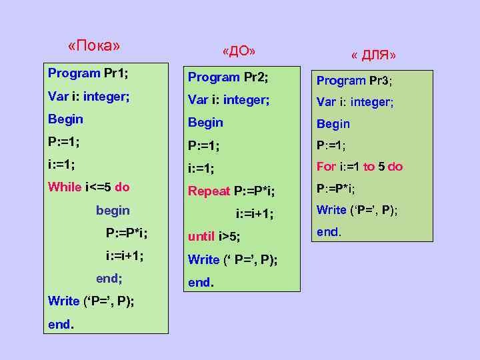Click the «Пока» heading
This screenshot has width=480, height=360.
point(94,46)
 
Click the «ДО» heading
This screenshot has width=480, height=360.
point(239,51)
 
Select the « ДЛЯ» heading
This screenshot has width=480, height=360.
point(373,55)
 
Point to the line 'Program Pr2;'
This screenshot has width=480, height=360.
point(228,77)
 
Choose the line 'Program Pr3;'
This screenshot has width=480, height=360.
point(354,81)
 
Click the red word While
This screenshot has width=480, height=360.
point(64,187)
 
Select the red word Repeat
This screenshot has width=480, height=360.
point(209,191)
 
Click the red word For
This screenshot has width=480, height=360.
point(326,167)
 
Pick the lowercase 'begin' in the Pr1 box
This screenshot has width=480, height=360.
point(113,211)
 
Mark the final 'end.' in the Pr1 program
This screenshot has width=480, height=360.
point(61,325)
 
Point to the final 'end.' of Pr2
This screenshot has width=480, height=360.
point(201,282)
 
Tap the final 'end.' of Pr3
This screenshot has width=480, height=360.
point(329,232)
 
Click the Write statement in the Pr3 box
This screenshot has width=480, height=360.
point(357,210)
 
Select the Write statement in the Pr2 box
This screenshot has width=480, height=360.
point(233,259)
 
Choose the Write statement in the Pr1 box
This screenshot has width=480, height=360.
point(91,301)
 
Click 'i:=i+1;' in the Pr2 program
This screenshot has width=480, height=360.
point(255,214)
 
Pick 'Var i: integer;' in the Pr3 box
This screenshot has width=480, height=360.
point(355,102)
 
